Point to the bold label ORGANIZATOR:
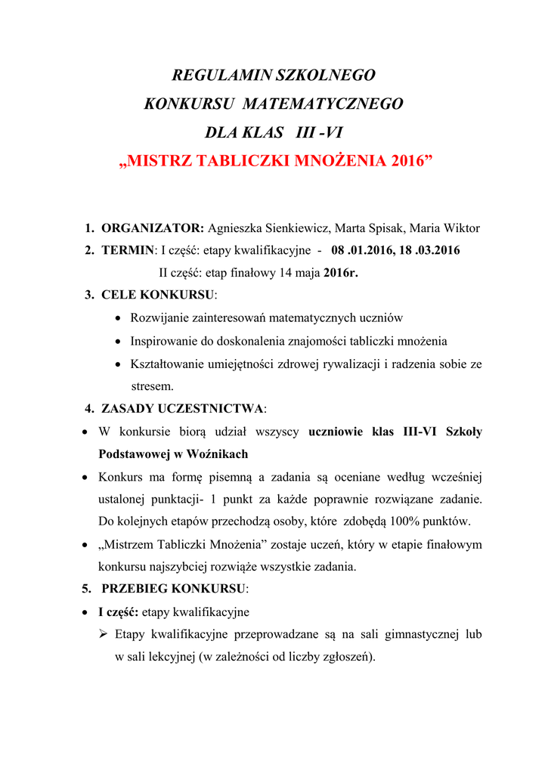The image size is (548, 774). point(153,228)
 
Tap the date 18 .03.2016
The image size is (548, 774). point(425,250)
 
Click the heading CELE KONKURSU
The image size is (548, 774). point(158,295)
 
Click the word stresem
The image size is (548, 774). point(152,386)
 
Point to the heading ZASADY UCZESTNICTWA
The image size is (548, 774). point(183,409)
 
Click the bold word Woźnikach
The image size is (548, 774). point(218,454)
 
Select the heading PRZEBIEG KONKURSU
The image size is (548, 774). point(174,589)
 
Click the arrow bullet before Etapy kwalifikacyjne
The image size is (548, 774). point(105,634)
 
